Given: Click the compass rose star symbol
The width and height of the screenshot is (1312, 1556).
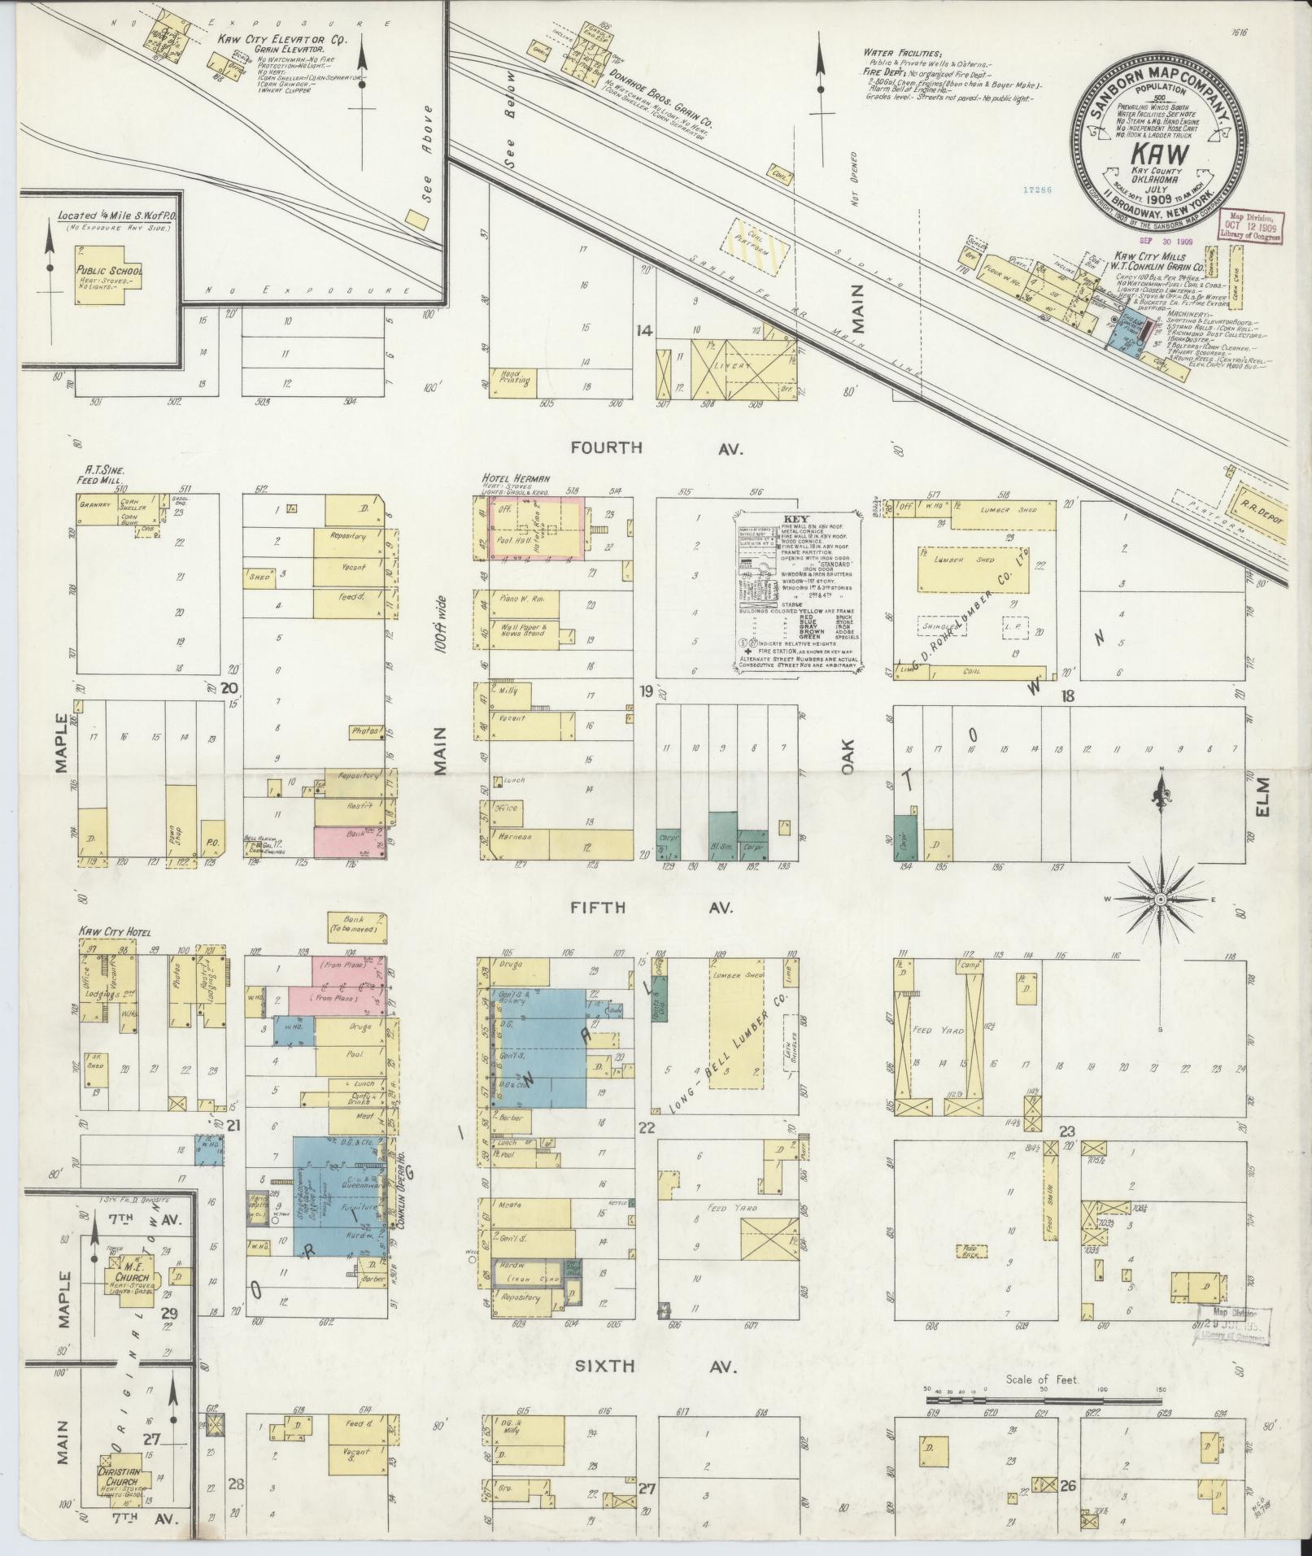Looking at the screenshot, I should click(1160, 900).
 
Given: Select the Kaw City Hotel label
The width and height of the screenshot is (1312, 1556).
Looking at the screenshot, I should click(113, 931).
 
